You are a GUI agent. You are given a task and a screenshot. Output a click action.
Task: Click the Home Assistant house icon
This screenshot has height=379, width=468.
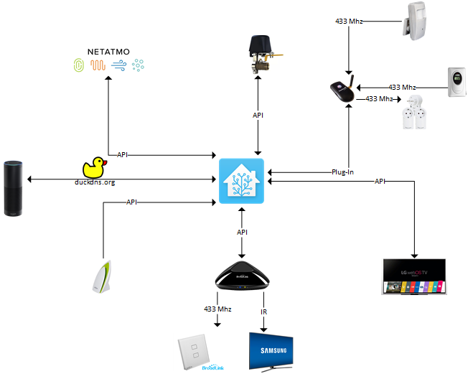(241, 181)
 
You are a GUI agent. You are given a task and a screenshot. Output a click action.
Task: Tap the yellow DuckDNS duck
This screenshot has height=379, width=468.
(95, 168)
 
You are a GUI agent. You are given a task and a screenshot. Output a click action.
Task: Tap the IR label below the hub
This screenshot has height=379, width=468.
(264, 312)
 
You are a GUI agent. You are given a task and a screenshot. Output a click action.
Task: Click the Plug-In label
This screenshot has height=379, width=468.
(342, 172)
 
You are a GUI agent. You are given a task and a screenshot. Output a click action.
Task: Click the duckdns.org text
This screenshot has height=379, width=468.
(95, 182)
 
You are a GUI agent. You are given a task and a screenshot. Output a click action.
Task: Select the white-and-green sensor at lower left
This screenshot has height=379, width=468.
(99, 279)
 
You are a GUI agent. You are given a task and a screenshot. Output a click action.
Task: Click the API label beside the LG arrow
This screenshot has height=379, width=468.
(380, 182)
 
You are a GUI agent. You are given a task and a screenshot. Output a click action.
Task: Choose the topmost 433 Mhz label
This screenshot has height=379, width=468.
(349, 22)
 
